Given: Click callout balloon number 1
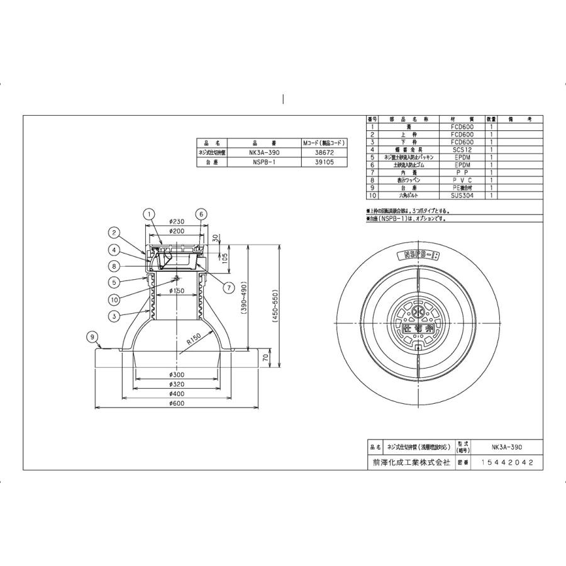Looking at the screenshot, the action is click(148, 214).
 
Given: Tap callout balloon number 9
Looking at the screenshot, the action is click(92, 337).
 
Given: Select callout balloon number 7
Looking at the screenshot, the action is click(228, 287).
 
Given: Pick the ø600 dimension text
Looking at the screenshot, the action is click(177, 404).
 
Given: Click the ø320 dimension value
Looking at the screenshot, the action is click(177, 384).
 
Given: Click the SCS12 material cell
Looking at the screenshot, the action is click(462, 150).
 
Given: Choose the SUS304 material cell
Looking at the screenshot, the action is click(462, 196).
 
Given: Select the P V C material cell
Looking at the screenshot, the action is click(462, 180).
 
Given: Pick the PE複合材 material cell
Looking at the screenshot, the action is click(462, 188).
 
